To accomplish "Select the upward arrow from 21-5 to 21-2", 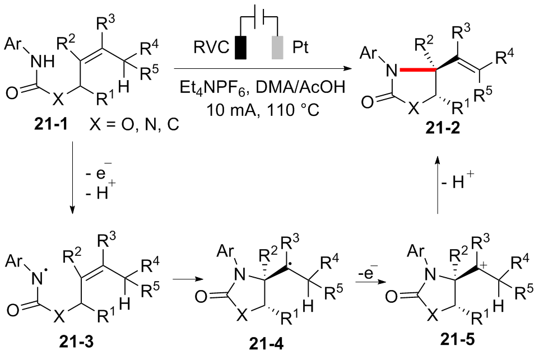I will [436, 185].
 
